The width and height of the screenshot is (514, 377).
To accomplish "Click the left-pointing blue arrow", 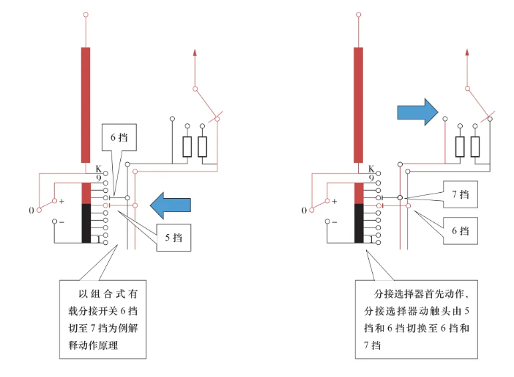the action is tap(171, 205).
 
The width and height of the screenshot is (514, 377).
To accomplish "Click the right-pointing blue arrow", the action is tap(417, 112).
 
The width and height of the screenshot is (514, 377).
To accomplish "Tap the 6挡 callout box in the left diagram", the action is tap(119, 137).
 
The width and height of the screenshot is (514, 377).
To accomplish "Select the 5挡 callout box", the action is tap(174, 238).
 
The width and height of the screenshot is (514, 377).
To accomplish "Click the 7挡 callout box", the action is tap(461, 194).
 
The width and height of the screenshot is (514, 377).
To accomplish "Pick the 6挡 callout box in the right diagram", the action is tap(461, 231).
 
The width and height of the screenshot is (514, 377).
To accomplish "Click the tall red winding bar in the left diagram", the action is tap(86, 105).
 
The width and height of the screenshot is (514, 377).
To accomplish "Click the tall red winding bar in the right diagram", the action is tap(358, 105).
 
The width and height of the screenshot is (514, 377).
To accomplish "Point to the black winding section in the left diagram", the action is tap(86, 223).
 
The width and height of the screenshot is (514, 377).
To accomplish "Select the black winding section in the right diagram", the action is tap(359, 223).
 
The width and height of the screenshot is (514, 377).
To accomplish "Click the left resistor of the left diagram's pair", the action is tap(187, 147).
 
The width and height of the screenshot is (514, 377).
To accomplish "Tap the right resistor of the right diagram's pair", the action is tap(475, 147).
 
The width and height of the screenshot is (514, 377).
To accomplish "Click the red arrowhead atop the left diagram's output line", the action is tap(195, 52).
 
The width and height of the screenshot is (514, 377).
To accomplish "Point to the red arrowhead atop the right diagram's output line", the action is tap(467, 52).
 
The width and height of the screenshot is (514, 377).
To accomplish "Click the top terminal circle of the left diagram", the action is tap(86, 15).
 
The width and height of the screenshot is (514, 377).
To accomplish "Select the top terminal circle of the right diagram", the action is tap(359, 15).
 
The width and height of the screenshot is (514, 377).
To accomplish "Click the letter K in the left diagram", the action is tap(98, 169).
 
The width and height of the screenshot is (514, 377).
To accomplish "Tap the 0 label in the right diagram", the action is tap(304, 211).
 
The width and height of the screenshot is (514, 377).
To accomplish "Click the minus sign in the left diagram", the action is tap(62, 222).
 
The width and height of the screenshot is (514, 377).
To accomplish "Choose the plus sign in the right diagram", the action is tap(335, 201).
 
